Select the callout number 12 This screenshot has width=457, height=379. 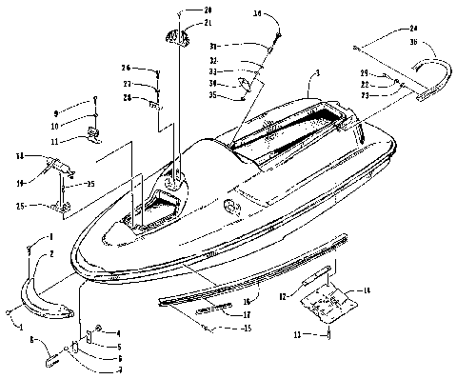click(x=282, y=297)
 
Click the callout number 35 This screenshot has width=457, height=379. click(x=216, y=95)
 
